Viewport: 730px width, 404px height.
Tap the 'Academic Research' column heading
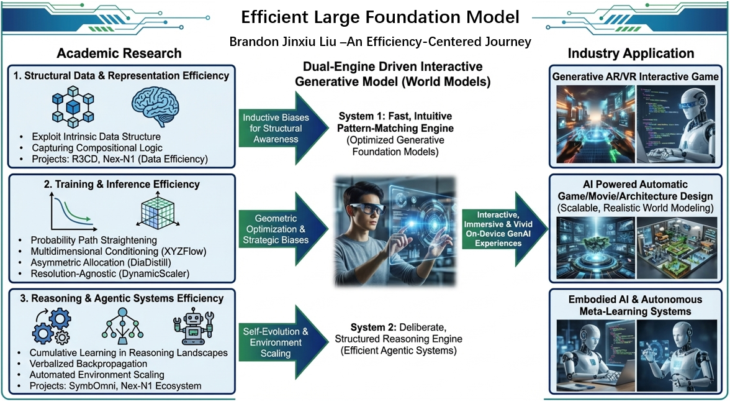119,53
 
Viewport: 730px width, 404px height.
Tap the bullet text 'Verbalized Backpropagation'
88,364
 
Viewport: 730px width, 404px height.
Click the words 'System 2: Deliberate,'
389,327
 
